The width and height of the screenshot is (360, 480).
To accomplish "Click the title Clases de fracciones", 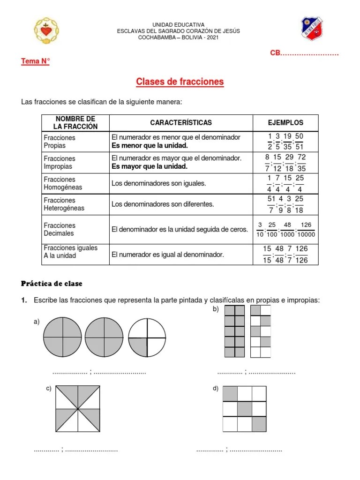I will tap(180, 82).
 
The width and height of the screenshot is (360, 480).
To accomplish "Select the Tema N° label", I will tap(35, 61).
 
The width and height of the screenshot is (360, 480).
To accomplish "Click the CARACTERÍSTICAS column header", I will tap(181, 123).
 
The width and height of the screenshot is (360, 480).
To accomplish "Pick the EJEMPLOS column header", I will tap(285, 123).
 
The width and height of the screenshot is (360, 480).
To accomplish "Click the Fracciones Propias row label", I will tap(60, 142).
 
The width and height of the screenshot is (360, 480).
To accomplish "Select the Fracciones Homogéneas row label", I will tap(63, 183).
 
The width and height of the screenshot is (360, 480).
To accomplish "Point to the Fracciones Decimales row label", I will tap(60, 229).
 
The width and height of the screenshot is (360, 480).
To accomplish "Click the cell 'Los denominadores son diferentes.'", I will tap(163, 204).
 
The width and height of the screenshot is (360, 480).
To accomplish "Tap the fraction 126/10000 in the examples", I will tap(306, 230).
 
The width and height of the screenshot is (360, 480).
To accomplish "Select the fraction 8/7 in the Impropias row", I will tap(267, 162).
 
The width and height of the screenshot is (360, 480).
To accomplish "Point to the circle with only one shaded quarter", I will tap(147, 337).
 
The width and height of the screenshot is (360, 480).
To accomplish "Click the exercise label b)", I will tap(216, 309).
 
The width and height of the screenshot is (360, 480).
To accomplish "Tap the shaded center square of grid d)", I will tap(245, 409).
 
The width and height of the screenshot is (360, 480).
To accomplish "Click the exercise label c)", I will tap(49, 389).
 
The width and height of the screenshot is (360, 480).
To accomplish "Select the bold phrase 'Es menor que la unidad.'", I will tap(149, 146).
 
